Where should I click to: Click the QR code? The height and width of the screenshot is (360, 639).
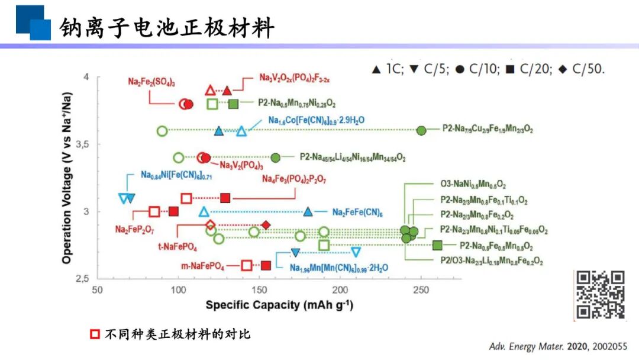[x=600, y=295]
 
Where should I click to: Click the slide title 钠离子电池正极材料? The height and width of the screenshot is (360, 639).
[x=167, y=27]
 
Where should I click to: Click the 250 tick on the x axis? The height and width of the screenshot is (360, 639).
[x=421, y=291]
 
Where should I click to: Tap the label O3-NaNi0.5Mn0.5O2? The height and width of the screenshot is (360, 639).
[x=473, y=185]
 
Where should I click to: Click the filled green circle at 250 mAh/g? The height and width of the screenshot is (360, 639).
[x=421, y=130]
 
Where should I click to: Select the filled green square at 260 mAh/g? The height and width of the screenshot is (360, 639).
[x=437, y=245]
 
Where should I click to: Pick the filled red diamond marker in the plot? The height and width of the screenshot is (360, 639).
[x=266, y=225]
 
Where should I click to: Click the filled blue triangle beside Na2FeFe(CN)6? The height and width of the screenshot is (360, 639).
[x=308, y=212]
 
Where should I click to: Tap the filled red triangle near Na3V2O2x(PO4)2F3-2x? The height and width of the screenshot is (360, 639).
[x=227, y=91]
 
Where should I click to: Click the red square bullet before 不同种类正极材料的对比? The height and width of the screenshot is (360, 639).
[x=95, y=334]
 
